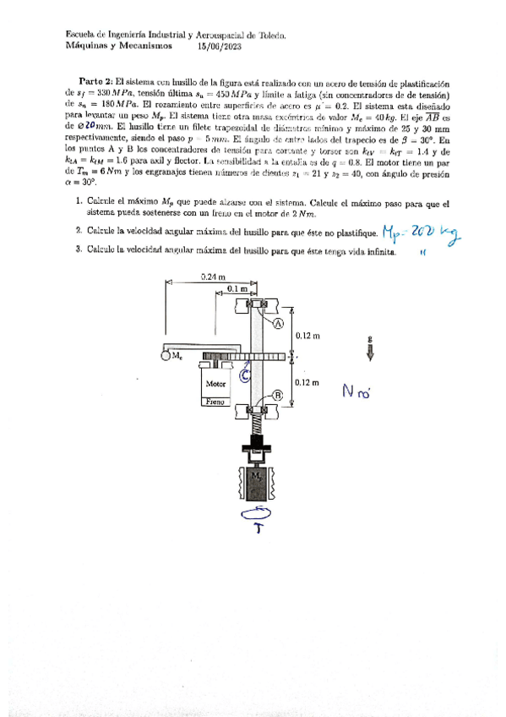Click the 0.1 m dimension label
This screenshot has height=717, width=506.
238,289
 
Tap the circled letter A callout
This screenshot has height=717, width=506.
278,321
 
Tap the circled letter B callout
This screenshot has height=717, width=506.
278,395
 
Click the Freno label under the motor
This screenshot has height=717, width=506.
215,402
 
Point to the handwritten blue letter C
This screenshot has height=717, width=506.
244,376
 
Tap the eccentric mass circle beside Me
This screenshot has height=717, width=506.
164,356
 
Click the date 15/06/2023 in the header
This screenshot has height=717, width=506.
217,47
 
